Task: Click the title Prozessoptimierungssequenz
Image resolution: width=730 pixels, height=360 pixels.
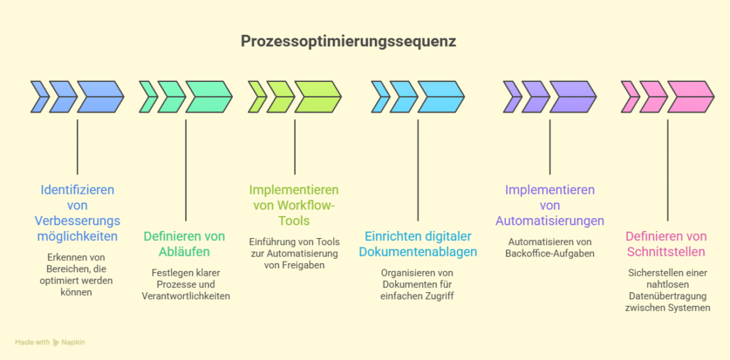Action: point(348,41)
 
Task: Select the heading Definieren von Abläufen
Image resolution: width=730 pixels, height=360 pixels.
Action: point(184,244)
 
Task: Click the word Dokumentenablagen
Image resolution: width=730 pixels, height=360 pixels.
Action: point(418,252)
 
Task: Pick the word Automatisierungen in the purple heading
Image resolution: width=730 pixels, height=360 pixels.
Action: point(549,220)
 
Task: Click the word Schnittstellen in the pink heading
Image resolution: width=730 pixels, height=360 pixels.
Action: point(666,252)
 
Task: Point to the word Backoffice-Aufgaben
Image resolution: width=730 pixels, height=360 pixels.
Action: point(549,254)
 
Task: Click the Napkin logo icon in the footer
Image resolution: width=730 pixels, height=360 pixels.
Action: point(56,343)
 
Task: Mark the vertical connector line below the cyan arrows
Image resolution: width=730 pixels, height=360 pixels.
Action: point(418,171)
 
